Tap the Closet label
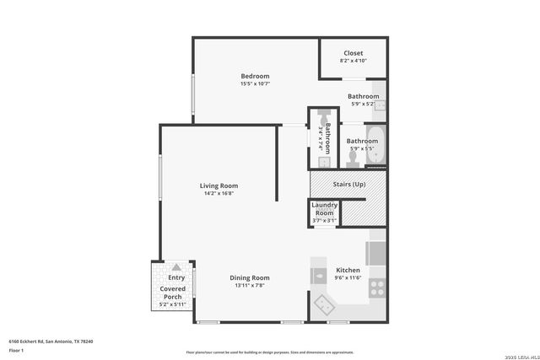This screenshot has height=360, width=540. [x=353, y=53]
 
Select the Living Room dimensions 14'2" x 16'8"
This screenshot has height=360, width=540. [x=219, y=193]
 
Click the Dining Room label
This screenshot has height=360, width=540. [x=250, y=277]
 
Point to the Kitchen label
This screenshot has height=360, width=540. [x=348, y=271]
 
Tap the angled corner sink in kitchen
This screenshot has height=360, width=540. [x=323, y=304]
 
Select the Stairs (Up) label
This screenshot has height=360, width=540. [x=348, y=184]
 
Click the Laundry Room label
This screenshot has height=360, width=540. [x=324, y=209]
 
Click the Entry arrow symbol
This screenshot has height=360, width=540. [x=176, y=266]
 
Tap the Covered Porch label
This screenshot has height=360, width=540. [x=172, y=293]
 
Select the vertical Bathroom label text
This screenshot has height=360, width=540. [x=327, y=137]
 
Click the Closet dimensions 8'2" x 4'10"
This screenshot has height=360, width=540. [x=353, y=61]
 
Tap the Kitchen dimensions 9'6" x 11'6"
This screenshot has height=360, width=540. [x=348, y=278]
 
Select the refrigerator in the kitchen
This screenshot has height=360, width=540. [x=376, y=252]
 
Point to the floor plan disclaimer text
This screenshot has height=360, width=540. [x=269, y=352]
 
